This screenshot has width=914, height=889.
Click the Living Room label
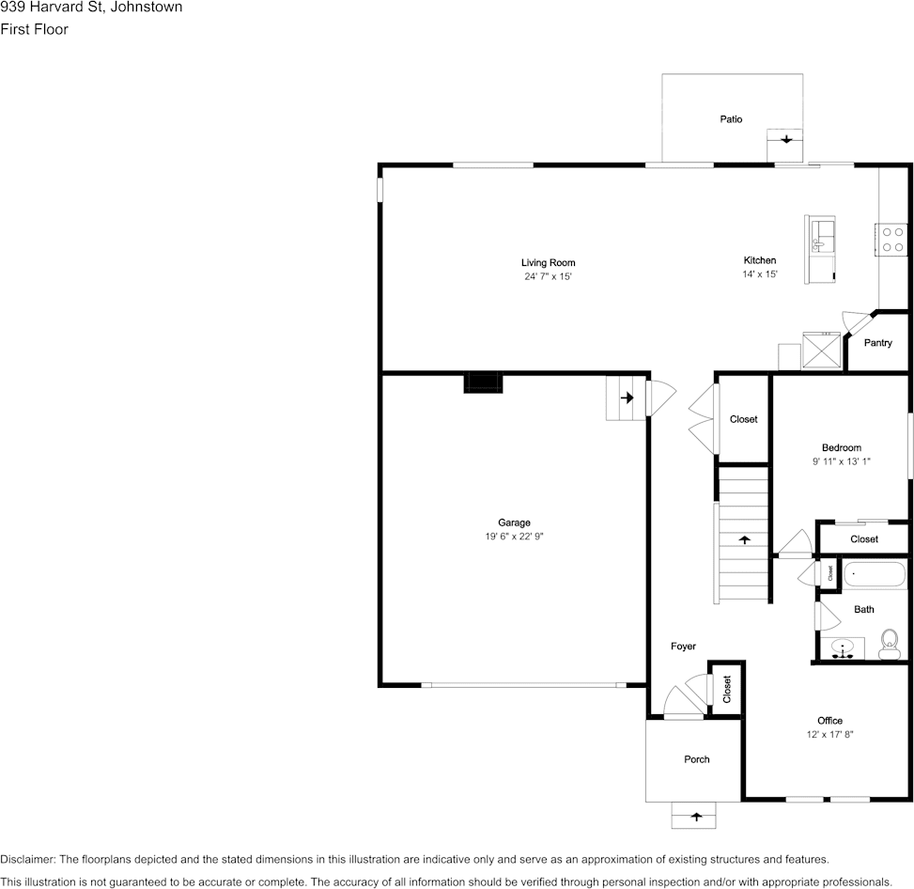pos(549,263)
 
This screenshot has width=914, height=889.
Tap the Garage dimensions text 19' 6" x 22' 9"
pos(514,536)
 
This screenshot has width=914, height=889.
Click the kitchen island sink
pos(820,234)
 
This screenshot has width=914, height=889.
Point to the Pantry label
pos(877,343)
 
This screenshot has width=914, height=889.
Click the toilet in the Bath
pos(888,645)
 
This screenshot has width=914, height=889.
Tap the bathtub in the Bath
pos(875,574)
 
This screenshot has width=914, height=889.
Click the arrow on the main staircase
pos(745,540)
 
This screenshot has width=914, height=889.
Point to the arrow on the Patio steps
pos(784,140)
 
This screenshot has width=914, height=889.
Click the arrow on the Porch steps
pos(696,817)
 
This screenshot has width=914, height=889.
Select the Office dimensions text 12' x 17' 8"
pos(829,734)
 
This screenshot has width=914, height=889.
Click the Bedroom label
pos(841,448)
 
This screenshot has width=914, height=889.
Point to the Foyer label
pos(683,647)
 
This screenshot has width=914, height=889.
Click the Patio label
pos(731,119)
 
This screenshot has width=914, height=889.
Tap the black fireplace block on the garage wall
pos(483,382)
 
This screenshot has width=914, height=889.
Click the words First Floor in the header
pos(35,29)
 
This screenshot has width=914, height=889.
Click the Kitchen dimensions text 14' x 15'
pos(760,274)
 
